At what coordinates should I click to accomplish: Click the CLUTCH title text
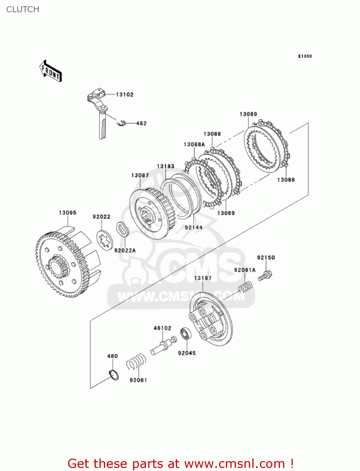click(23, 9)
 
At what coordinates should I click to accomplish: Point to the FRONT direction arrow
click(51, 71)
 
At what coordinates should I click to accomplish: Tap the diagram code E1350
click(305, 56)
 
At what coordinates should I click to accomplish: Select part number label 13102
click(125, 95)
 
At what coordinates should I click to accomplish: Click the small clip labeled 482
click(121, 123)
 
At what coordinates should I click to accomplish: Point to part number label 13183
click(165, 166)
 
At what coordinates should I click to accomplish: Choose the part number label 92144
click(194, 227)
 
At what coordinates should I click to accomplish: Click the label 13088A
click(194, 144)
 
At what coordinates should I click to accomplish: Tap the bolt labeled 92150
click(265, 276)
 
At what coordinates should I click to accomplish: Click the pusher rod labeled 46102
click(163, 345)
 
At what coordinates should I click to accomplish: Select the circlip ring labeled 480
click(114, 375)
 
